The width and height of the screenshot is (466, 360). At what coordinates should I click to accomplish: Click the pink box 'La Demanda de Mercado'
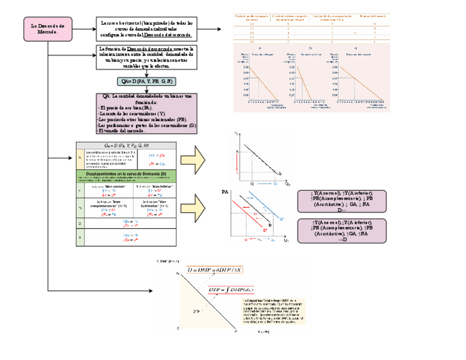47,29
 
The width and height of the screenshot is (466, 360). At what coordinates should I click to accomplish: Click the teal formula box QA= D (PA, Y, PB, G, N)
146,81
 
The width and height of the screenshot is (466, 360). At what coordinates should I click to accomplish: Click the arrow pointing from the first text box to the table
214,29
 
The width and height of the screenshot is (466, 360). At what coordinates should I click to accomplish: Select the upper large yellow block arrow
195,160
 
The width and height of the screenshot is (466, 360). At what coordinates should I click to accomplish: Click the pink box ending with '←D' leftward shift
342,201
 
